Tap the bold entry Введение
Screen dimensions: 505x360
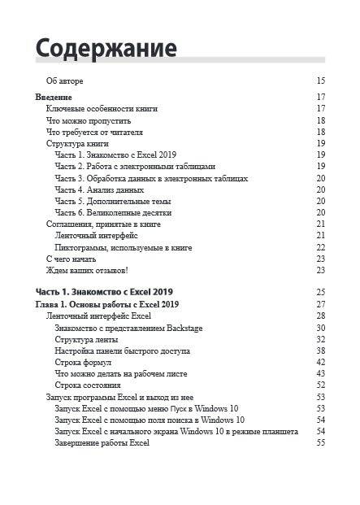[54, 97]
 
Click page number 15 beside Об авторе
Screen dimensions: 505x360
[320, 81]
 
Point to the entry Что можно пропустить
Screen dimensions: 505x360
[87, 120]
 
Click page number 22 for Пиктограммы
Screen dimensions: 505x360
[320, 247]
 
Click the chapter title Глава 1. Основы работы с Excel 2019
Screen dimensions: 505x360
[107, 304]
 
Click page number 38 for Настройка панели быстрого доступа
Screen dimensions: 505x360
[320, 350]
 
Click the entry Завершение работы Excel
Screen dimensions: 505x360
[102, 443]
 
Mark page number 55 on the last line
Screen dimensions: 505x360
[320, 443]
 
